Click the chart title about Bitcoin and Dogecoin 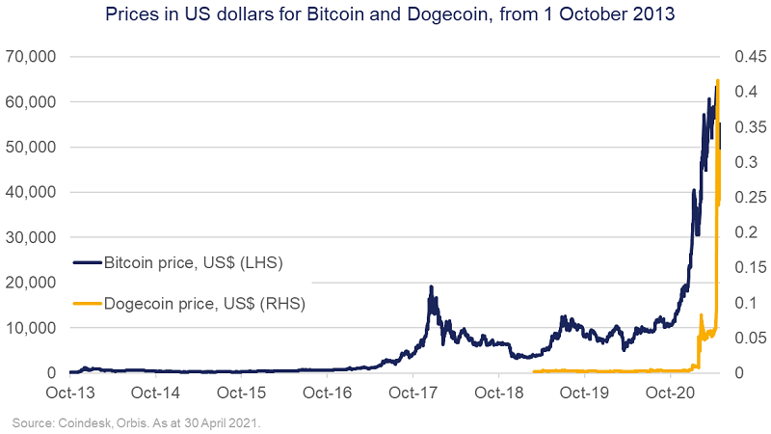pos(385,15)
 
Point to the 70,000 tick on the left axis pos(34,57)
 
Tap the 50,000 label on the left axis pos(34,148)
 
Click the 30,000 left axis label pos(34,237)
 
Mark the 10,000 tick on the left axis pos(34,328)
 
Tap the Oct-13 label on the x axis pos(70,393)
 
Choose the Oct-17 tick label pos(413,393)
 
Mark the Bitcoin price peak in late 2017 pos(431,286)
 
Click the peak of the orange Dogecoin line pos(718,80)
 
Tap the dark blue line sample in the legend pos(86,261)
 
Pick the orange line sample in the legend pos(86,304)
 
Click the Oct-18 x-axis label pos(499,393)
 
